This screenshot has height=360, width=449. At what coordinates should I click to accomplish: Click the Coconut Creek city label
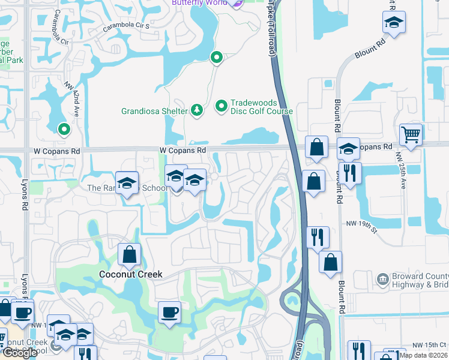point(130,274)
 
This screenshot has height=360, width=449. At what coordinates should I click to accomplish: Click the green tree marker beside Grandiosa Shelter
point(196,110)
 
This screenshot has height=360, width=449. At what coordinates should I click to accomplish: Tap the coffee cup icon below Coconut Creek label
point(169,312)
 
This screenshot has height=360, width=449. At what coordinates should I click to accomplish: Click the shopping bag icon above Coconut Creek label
point(129,254)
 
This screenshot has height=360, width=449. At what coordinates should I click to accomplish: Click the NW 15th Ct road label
point(430,345)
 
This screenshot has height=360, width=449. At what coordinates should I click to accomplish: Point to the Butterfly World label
point(199,3)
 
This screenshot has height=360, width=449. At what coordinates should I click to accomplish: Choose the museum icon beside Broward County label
point(382,279)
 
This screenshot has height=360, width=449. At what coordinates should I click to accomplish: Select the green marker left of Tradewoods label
point(221,107)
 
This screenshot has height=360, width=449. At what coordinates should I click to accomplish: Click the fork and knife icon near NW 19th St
point(318,236)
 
